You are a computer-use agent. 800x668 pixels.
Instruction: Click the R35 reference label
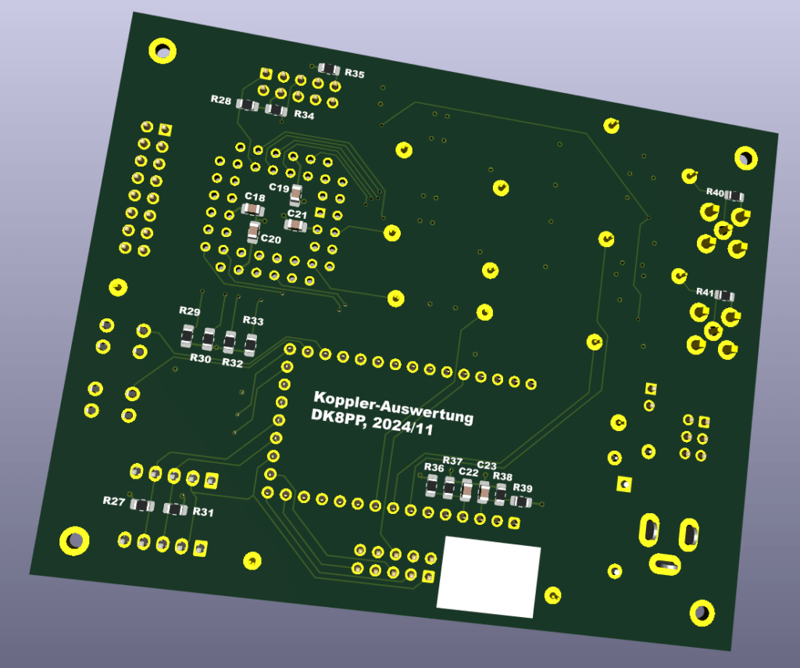click(x=355, y=74)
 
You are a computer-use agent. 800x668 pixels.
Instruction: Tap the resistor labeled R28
click(x=248, y=105)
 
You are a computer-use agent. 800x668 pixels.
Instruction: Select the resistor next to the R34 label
click(x=276, y=110)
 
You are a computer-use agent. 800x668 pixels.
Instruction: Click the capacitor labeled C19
click(x=295, y=196)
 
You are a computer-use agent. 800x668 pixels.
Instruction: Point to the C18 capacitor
click(x=252, y=209)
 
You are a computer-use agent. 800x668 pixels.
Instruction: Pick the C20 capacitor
click(x=254, y=232)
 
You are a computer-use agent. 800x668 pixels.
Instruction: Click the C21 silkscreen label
click(x=297, y=214)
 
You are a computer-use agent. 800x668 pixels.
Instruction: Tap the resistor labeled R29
click(x=187, y=336)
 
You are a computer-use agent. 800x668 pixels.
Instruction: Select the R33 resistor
click(x=251, y=345)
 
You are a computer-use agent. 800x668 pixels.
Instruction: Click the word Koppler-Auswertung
click(x=394, y=407)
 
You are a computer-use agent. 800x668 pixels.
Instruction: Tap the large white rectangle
click(x=488, y=576)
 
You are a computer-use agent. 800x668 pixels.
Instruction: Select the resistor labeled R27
click(x=142, y=505)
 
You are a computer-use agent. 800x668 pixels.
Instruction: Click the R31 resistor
click(x=175, y=508)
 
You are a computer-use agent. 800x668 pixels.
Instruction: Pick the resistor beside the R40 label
click(x=734, y=196)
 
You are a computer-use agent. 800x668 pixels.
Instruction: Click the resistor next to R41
click(x=724, y=296)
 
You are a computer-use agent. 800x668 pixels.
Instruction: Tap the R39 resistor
click(x=521, y=501)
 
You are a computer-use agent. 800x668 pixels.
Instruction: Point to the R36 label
click(x=434, y=467)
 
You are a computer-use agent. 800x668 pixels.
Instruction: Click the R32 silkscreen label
click(x=233, y=363)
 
